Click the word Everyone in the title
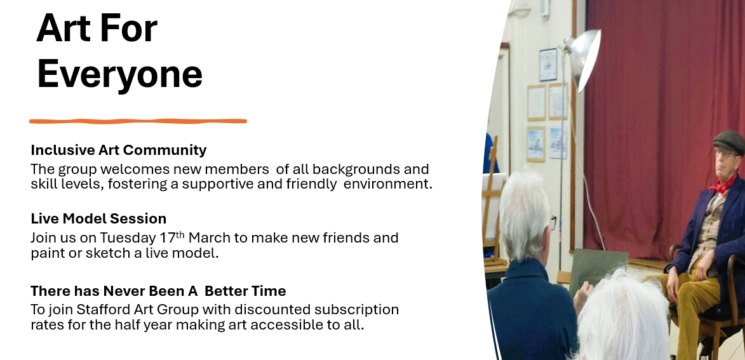tap(120, 75)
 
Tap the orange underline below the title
tap(138, 121)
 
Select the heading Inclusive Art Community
tap(118, 150)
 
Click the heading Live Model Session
tap(98, 218)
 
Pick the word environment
tap(387, 183)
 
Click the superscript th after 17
tap(180, 234)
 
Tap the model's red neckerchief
tap(722, 184)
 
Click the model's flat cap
tap(729, 141)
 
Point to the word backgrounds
tap(356, 169)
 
